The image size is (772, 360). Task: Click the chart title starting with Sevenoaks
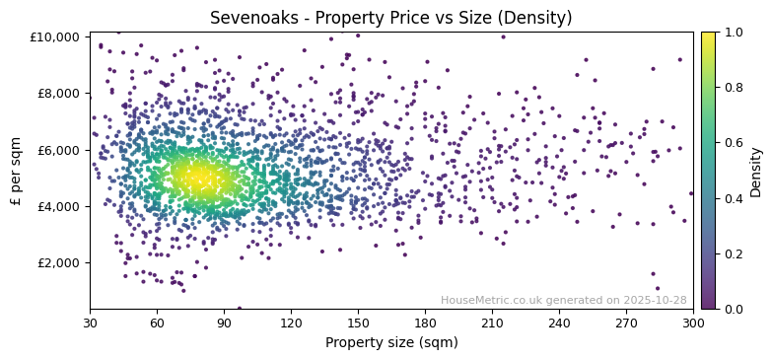[390, 18]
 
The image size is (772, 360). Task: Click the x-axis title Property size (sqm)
[390, 343]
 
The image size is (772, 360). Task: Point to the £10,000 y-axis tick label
[56, 37]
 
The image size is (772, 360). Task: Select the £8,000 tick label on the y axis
[59, 94]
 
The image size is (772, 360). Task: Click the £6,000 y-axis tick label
[59, 150]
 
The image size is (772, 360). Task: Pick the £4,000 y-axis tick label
[59, 206]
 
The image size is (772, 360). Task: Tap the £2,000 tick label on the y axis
[59, 262]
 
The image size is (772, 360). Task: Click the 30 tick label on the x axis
[90, 323]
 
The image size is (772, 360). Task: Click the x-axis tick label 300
[693, 323]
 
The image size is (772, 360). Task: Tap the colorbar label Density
[756, 171]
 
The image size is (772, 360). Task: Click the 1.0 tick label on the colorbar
[733, 33]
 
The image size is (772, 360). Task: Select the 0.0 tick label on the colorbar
[733, 309]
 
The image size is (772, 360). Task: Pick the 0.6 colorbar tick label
[733, 143]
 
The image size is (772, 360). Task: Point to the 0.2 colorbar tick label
[733, 253]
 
